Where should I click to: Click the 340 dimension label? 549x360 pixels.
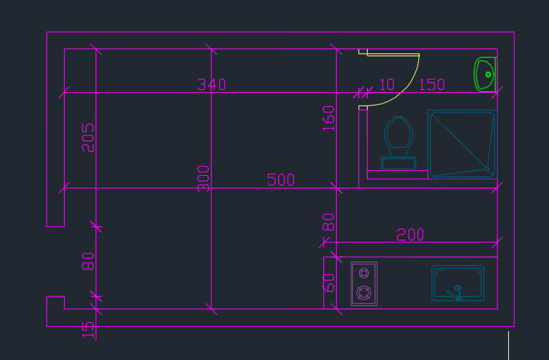(211, 84)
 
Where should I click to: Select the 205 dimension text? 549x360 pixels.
(88, 138)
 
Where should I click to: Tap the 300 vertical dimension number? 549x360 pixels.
(203, 179)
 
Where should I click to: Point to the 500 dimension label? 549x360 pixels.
(280, 180)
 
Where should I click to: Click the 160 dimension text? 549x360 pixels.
(328, 118)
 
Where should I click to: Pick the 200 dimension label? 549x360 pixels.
(410, 235)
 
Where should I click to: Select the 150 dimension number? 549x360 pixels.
(432, 84)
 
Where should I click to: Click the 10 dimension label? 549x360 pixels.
(387, 84)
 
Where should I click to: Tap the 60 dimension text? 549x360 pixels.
(328, 283)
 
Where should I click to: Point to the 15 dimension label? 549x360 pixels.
(88, 330)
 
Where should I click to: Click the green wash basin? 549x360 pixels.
(485, 75)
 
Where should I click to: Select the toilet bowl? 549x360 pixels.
(399, 136)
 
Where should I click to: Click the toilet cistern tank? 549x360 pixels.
(399, 164)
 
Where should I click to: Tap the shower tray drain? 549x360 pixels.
(487, 169)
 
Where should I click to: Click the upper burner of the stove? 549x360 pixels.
(364, 273)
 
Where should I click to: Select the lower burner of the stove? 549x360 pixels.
(364, 292)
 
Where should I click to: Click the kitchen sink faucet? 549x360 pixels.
(456, 293)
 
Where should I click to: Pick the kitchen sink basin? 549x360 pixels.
(458, 283)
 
